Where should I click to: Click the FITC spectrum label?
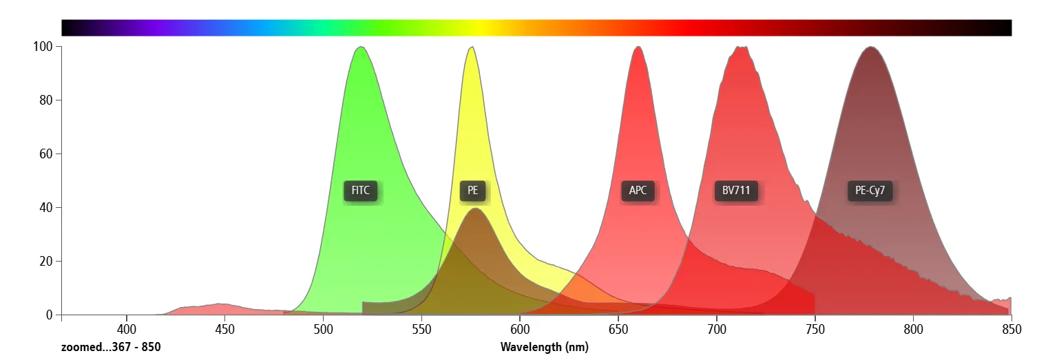click(x=361, y=191)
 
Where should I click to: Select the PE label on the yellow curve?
click(x=472, y=191)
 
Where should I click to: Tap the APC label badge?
click(x=638, y=191)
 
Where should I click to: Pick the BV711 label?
click(x=736, y=191)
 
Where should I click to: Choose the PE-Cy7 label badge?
click(x=870, y=191)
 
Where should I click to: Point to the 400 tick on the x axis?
click(x=126, y=329)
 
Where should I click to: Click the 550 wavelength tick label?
click(x=421, y=329)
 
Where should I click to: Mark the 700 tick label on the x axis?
click(x=717, y=329)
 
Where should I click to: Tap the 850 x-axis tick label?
click(x=1011, y=329)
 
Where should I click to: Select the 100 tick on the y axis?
click(x=43, y=47)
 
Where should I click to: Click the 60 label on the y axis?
click(x=46, y=154)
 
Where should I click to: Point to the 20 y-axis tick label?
click(x=46, y=262)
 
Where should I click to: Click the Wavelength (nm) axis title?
click(x=544, y=347)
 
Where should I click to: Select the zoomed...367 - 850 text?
click(x=111, y=347)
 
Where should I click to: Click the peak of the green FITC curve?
click(x=360, y=47)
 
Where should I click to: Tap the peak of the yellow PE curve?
click(x=472, y=47)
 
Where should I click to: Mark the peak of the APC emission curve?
click(x=638, y=47)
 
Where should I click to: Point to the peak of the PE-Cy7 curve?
click(x=871, y=47)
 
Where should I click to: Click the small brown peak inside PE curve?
click(x=475, y=209)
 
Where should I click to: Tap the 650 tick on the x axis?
click(x=618, y=329)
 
